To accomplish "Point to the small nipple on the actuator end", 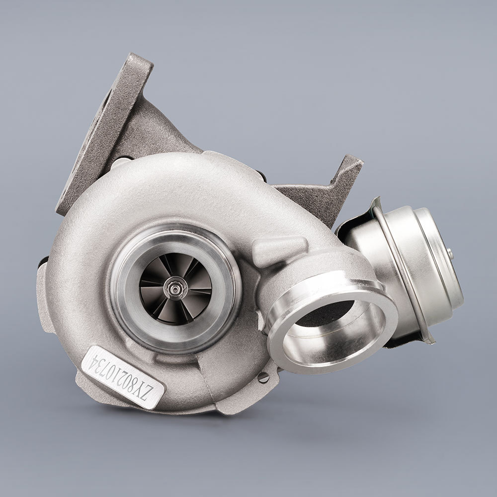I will tap(450, 253).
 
